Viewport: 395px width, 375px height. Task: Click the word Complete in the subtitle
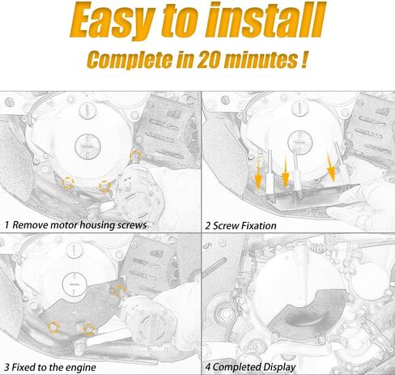click(x=130, y=60)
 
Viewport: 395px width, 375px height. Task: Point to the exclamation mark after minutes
click(x=304, y=59)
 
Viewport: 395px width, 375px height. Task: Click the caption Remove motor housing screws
click(x=79, y=225)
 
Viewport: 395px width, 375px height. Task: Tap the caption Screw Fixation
click(x=244, y=226)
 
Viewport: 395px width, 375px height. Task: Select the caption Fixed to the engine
click(x=53, y=367)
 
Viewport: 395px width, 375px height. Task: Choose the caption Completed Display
click(x=254, y=367)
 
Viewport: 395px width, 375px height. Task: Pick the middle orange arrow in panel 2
click(x=285, y=173)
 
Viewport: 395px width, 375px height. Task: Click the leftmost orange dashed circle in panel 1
click(x=68, y=183)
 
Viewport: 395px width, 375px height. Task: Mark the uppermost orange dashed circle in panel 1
click(x=135, y=156)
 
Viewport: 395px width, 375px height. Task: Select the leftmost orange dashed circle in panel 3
click(x=53, y=327)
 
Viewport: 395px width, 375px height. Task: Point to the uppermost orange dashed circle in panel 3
click(x=120, y=292)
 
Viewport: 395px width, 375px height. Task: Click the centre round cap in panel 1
click(x=87, y=147)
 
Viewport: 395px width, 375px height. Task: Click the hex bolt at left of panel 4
click(x=225, y=314)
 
